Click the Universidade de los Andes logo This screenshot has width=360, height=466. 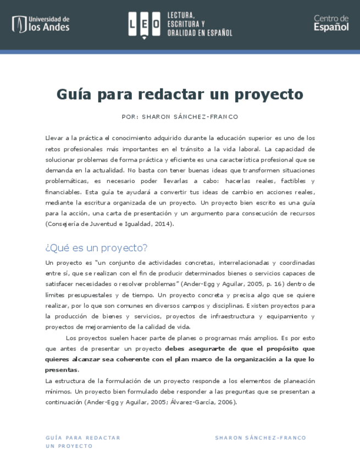pos(41,24)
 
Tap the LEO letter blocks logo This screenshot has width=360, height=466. pos(144,24)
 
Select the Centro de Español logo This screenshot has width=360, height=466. pos(331,23)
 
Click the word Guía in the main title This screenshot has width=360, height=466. pos(74,95)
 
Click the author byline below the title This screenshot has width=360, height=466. pos(180,117)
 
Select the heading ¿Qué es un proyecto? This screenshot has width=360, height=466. pos(96,248)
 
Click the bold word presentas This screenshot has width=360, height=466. pos(62,370)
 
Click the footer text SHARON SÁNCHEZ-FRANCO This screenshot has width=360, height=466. pos(261,438)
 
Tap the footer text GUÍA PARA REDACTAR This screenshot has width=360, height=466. pos(82,438)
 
